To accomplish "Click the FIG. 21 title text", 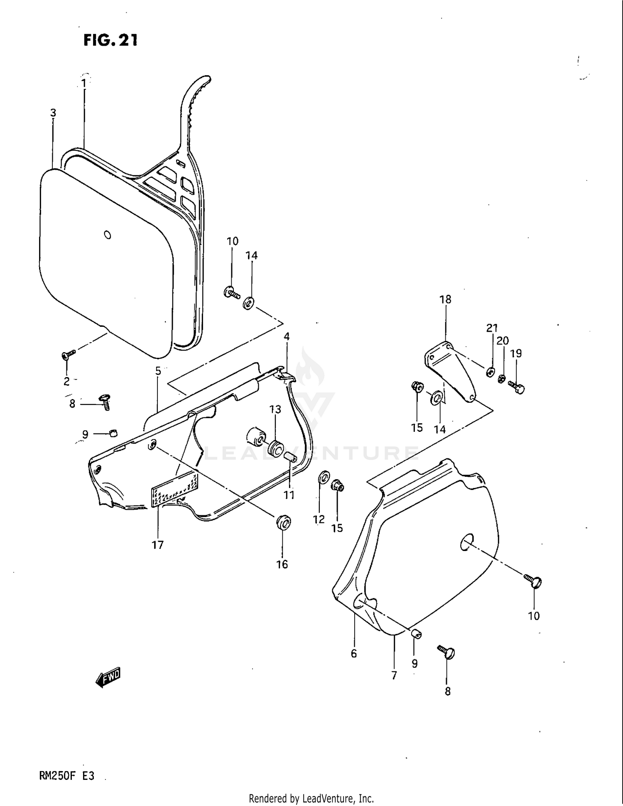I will (x=110, y=40).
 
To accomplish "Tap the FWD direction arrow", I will (x=108, y=678).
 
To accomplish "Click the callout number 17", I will (x=158, y=545).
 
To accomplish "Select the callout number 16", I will (x=282, y=564).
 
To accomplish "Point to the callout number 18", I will (x=445, y=299).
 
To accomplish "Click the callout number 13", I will (x=275, y=409).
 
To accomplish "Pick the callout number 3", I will (x=53, y=113).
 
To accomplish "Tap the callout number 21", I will (x=492, y=328).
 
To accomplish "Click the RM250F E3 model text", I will (x=67, y=776).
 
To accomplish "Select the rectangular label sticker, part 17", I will (x=174, y=490).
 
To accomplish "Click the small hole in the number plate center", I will (x=108, y=235).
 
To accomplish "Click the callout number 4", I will (x=287, y=336).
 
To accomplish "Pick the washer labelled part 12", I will (x=324, y=478).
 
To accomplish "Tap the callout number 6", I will (x=353, y=654).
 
